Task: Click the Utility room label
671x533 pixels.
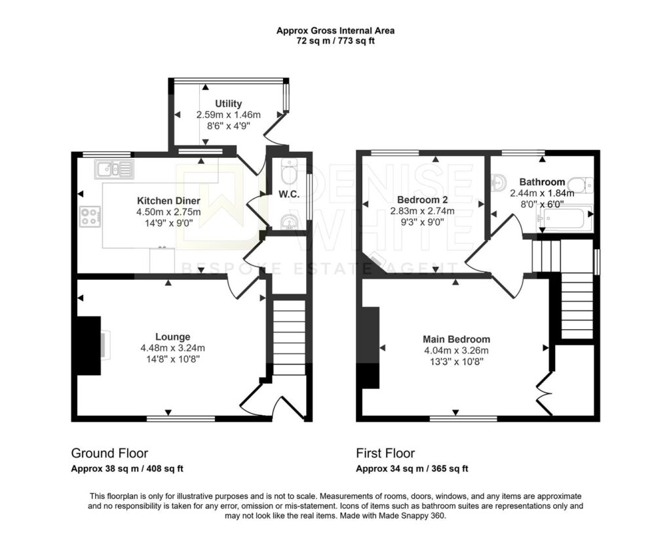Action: pos(228,104)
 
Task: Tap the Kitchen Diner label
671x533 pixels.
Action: pos(168,201)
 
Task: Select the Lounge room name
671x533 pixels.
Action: pos(172,337)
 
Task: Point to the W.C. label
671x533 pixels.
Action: pos(289,194)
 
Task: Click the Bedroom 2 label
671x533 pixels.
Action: pos(423,199)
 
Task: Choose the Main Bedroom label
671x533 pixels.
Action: pos(456,340)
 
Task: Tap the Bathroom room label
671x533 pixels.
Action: pos(542,182)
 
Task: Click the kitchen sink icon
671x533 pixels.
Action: pos(114,170)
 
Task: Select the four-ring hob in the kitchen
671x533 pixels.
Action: pos(90,216)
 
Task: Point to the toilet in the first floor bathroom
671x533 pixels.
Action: pos(583,184)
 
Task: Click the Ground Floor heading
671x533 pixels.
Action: pos(109,453)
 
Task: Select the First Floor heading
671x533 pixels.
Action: pos(385,453)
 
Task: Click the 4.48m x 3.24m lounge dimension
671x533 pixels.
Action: pos(172,348)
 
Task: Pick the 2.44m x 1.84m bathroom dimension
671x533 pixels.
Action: pos(542,193)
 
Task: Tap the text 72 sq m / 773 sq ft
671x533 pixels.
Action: pos(335,41)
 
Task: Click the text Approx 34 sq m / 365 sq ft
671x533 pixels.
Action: pos(412,468)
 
